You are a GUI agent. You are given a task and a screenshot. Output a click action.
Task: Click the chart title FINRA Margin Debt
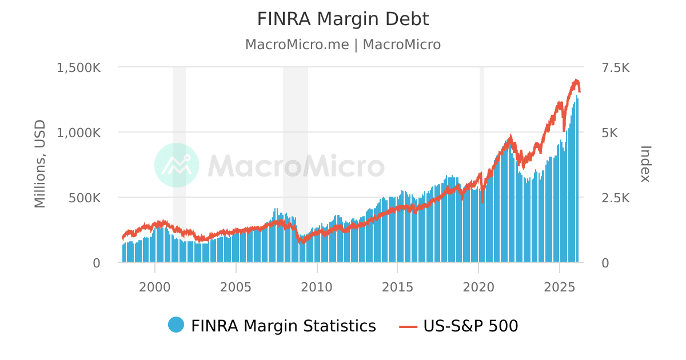342,19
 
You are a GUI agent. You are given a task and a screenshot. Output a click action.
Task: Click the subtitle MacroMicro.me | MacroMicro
342,45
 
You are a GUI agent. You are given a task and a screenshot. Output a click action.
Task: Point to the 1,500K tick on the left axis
78,67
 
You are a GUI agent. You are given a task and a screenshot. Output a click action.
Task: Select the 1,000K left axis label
78,133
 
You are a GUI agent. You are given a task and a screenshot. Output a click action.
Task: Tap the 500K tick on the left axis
85,198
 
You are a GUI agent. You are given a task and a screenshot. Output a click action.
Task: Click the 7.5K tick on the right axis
616,67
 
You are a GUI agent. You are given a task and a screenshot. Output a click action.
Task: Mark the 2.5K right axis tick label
616,198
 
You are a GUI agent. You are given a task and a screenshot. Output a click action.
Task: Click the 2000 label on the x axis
155,286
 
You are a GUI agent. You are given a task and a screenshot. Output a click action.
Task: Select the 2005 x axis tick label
236,286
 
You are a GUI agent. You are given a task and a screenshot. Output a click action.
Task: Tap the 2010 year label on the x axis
317,286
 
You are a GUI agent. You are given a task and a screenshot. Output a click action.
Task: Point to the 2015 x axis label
398,286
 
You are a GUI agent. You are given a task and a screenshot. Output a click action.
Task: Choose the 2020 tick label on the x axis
478,286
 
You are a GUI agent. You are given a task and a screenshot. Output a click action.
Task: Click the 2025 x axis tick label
560,286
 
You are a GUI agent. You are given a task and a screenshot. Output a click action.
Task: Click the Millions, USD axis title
39,164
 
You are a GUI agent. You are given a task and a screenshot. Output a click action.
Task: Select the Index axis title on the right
645,164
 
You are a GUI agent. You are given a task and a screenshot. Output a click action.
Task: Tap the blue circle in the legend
176,325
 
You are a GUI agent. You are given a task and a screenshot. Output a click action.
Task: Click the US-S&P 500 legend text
470,326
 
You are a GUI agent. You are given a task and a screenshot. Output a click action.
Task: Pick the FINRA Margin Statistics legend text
284,326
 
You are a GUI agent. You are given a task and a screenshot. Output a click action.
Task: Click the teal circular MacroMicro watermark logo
177,165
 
